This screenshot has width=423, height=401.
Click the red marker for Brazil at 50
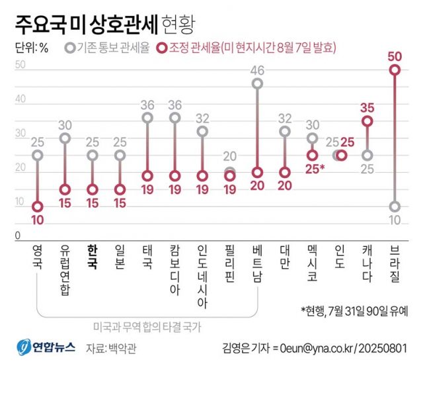tap(395, 70)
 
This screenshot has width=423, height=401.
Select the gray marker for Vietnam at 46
tap(257, 83)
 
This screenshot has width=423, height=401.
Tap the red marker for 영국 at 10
tap(38, 206)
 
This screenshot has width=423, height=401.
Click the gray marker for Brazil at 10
tap(395, 206)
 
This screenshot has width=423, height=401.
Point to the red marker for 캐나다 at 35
tap(367, 121)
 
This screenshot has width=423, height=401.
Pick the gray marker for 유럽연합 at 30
tap(65, 138)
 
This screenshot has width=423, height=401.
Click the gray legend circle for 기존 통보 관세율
tap(70, 48)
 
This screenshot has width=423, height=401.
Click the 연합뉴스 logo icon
tap(24, 347)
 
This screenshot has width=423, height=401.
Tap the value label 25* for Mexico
tap(315, 170)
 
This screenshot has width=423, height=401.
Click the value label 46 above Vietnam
tap(257, 69)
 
